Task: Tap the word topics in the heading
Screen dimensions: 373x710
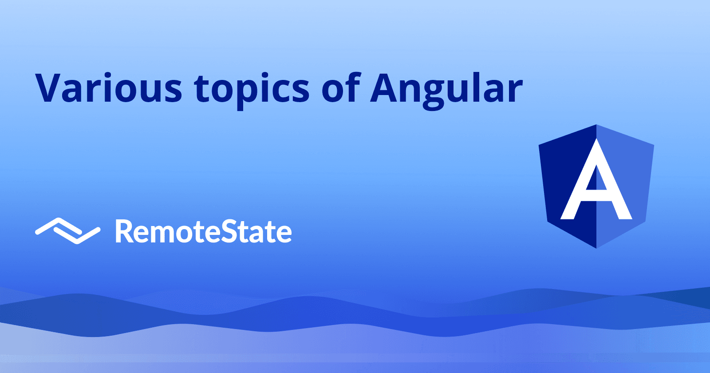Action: click(252, 89)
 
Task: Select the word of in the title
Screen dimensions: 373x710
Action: click(339, 87)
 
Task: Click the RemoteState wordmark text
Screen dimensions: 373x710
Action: click(203, 231)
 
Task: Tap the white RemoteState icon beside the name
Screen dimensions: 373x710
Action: click(67, 230)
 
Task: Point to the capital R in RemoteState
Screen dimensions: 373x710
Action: click(124, 231)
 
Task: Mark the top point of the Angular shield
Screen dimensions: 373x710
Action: click(596, 125)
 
